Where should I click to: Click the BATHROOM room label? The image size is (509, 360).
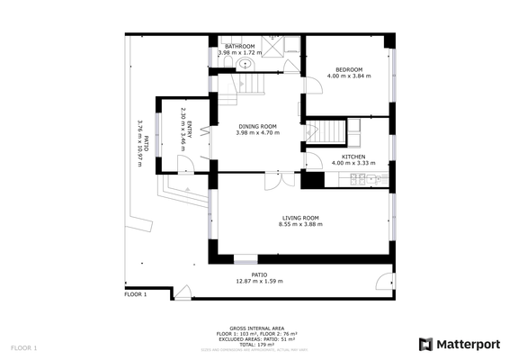tap(239, 46)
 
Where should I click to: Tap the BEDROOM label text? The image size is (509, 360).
tap(349, 70)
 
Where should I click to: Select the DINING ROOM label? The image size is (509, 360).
tap(257, 126)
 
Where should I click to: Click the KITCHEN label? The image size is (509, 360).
tap(353, 157)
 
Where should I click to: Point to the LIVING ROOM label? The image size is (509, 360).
tap(300, 218)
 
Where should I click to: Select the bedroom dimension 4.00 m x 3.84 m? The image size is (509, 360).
tap(349, 76)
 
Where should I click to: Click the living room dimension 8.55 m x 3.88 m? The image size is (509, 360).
tap(300, 225)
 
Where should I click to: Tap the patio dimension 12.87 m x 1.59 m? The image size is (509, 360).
tap(259, 282)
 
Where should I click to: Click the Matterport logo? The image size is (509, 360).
tap(460, 344)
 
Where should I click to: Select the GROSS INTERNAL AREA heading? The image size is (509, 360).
tap(258, 328)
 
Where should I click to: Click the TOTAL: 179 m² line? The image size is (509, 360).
tap(258, 343)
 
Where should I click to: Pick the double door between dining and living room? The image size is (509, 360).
tap(280, 179)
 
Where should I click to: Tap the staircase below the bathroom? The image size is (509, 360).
tap(250, 84)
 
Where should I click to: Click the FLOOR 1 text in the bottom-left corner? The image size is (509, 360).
tap(24, 347)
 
